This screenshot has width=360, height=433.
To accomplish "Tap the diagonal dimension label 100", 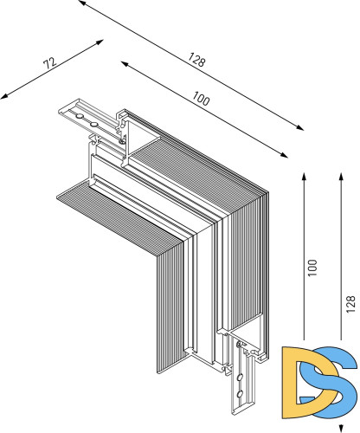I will coord(202,100).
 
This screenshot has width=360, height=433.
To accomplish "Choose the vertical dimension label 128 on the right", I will coord(349,304).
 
